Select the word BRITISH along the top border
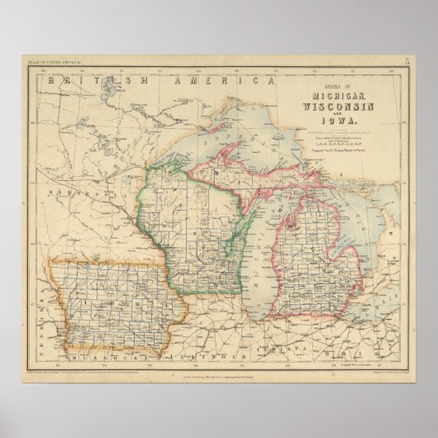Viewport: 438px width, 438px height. coord(83,80)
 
